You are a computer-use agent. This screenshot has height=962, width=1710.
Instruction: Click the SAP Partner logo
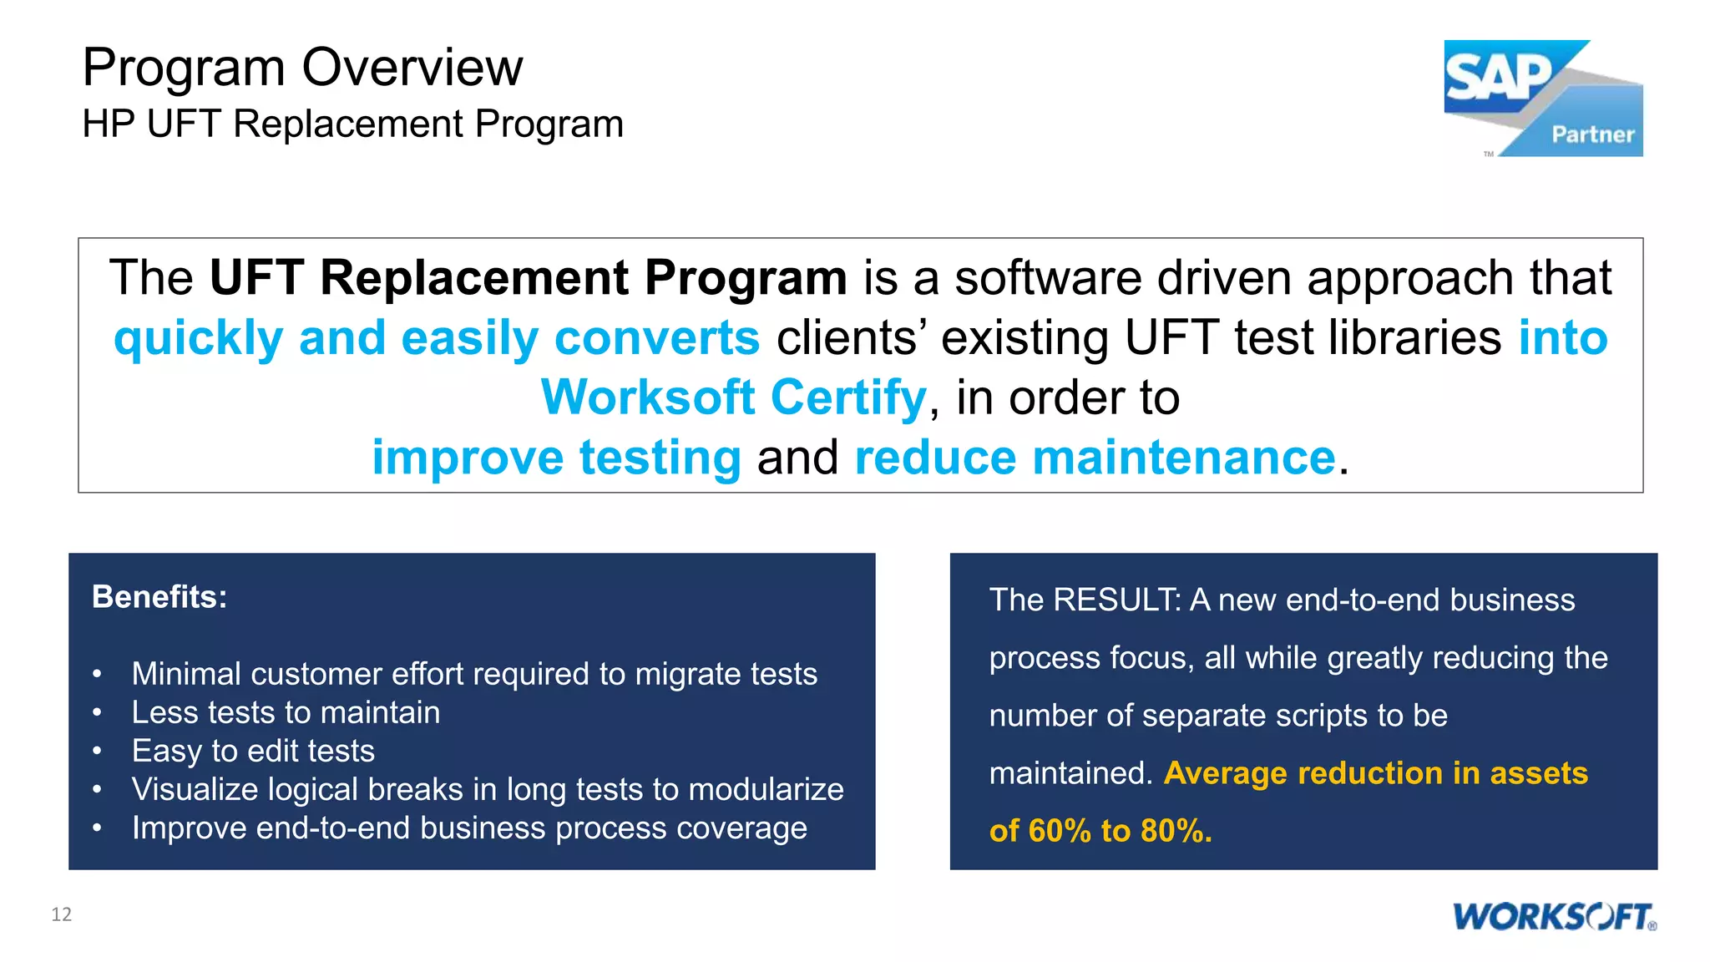click(1543, 98)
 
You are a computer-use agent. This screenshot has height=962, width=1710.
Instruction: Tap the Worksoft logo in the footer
click(1554, 916)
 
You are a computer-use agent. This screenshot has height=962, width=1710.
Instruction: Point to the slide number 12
click(62, 914)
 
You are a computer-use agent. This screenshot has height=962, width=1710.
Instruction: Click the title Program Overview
click(302, 68)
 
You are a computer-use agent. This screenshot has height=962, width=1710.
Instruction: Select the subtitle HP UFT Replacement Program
click(352, 124)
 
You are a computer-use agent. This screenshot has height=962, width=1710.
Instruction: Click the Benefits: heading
click(159, 597)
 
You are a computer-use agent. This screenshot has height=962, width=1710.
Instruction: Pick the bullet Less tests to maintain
click(286, 712)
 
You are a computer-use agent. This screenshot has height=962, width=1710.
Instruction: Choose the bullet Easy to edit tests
click(253, 751)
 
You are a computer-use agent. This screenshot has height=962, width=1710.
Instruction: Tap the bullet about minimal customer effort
click(474, 674)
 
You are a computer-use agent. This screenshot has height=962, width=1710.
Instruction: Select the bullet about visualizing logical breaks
click(488, 789)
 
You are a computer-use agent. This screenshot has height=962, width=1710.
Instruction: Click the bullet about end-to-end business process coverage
click(469, 828)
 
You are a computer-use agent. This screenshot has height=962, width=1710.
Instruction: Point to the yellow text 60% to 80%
click(1120, 831)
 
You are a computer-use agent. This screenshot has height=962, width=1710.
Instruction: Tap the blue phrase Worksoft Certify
click(734, 397)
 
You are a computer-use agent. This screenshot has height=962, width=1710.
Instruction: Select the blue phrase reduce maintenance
click(1095, 458)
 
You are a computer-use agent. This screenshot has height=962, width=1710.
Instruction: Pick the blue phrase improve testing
click(556, 458)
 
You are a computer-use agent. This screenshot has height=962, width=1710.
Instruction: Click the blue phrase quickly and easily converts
click(437, 338)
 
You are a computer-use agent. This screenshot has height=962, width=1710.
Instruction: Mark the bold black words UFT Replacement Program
click(528, 277)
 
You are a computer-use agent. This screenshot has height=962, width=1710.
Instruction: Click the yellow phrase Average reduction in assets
click(1375, 773)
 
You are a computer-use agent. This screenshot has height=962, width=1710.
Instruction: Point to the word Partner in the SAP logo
click(1592, 134)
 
